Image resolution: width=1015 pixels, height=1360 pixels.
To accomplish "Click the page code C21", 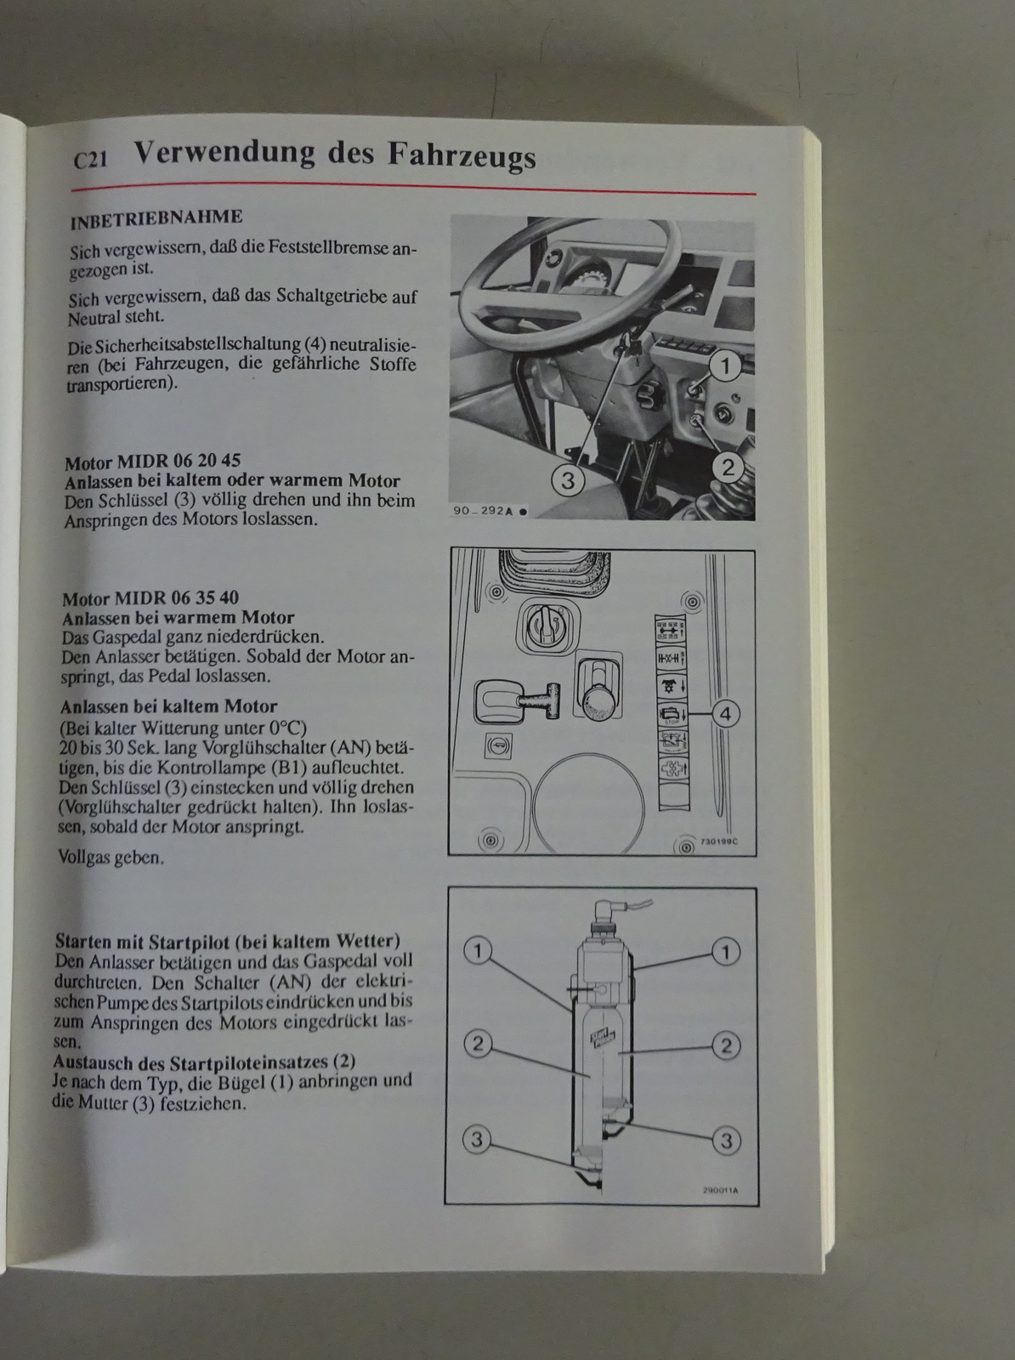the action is (90, 161).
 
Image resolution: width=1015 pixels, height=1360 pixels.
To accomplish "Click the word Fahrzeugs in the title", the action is (462, 156).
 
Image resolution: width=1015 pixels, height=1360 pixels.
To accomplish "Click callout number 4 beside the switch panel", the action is (726, 714).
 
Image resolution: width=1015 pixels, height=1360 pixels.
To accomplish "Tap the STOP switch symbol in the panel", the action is (672, 714).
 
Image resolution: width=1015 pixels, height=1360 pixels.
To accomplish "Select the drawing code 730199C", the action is (719, 841).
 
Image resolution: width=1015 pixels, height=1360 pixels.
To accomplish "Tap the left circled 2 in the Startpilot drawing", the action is (478, 1044).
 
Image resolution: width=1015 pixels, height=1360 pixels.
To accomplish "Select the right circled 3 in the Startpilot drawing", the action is (726, 1141).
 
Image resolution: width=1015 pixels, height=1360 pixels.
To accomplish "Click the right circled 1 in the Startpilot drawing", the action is (726, 951).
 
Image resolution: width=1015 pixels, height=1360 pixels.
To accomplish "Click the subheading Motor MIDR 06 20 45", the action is (152, 461).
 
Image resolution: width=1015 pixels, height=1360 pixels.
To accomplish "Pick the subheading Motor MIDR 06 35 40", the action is (150, 598).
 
